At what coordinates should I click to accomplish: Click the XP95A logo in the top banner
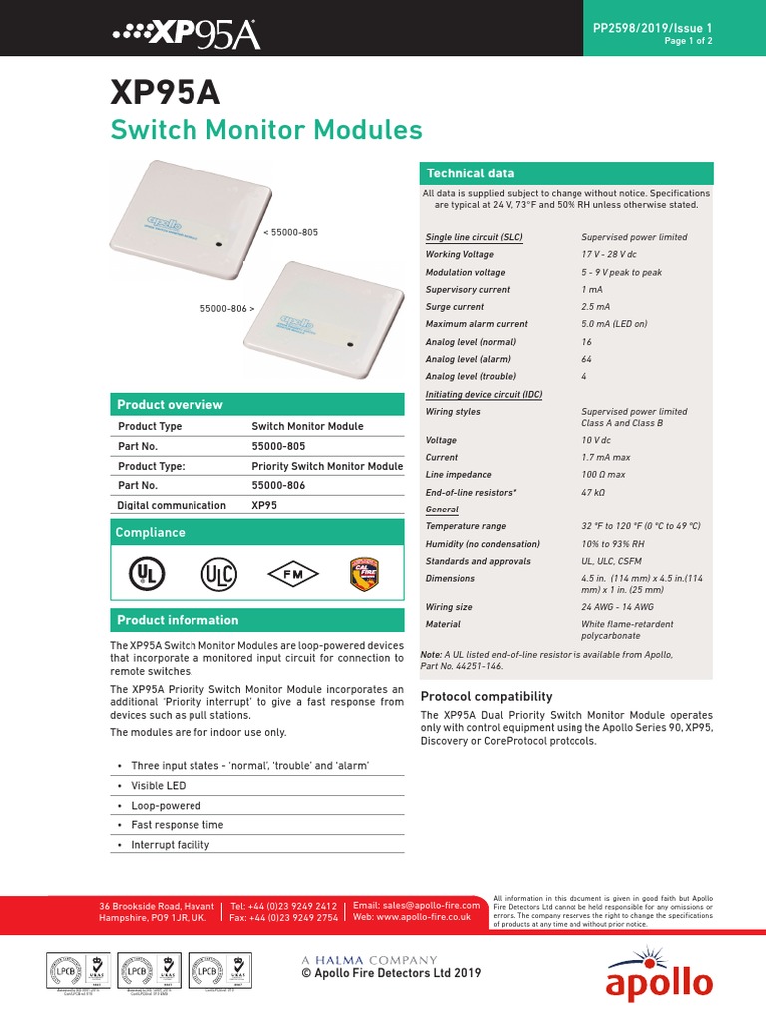point(186,35)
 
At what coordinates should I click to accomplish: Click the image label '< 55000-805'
point(291,232)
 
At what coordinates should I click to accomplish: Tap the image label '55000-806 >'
point(227,309)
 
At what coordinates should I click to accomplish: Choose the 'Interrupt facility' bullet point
point(170,845)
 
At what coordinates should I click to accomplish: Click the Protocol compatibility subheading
point(487,696)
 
